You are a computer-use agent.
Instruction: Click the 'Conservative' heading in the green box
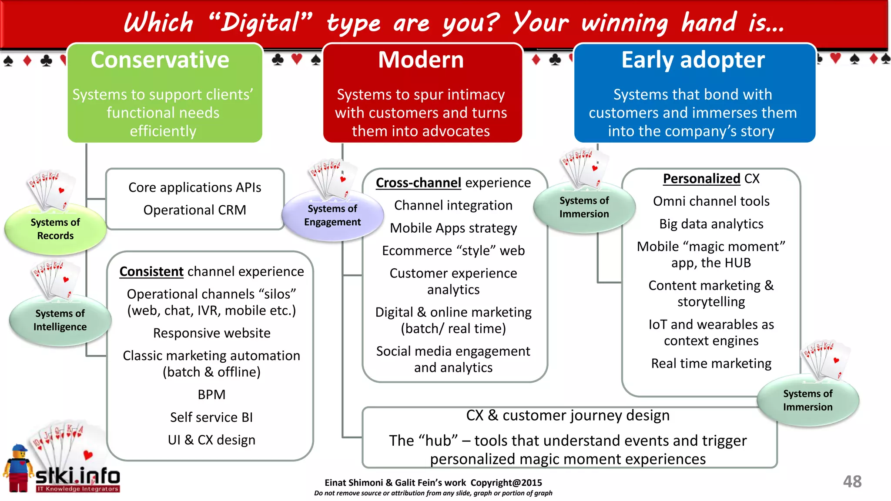point(160,60)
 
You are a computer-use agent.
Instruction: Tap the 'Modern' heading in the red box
point(421,60)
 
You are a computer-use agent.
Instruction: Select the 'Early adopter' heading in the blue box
point(693,60)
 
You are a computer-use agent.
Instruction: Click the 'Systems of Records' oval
point(55,229)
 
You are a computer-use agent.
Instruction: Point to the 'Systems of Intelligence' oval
point(60,320)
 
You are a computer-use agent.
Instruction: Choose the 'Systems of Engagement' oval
point(332,215)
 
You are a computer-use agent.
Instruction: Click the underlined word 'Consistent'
point(151,271)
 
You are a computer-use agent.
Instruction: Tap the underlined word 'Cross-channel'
point(418,183)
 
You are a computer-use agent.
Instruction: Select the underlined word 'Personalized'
point(701,178)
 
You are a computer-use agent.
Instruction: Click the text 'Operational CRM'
point(194,210)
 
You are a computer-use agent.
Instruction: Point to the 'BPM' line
point(211,394)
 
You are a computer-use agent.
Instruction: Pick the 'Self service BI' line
point(211,417)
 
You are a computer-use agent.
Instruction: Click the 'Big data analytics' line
point(711,224)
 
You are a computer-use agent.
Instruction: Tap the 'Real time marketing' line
point(711,363)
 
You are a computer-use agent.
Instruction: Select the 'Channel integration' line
point(453,205)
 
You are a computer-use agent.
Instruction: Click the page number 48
point(852,481)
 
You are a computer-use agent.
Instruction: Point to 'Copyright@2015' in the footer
point(506,483)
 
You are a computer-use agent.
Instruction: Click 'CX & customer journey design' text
point(568,415)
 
